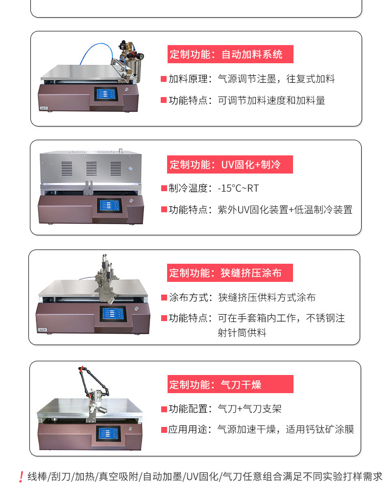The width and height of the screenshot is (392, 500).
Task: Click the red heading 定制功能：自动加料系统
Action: tap(230, 54)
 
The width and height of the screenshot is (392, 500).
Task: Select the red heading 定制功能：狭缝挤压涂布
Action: tap(230, 273)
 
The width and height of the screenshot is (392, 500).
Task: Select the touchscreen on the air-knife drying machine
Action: tap(108, 433)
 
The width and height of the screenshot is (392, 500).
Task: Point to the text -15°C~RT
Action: tap(238, 188)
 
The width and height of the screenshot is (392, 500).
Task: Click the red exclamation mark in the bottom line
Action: tap(21, 476)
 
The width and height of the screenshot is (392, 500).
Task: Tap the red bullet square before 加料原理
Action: tap(164, 79)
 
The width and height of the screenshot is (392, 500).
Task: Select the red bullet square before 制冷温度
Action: tap(164, 188)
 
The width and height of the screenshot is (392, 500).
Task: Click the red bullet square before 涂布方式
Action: tap(164, 297)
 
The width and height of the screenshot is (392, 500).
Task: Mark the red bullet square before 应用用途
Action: tap(164, 430)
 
